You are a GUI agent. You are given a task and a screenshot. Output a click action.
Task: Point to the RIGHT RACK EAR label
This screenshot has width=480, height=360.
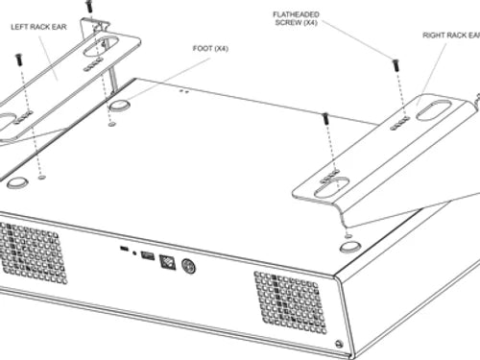click(449, 36)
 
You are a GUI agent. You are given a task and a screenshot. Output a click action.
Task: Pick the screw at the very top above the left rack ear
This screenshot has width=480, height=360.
click(89, 6)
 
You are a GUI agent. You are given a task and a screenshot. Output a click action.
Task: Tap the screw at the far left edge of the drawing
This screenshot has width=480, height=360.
click(19, 59)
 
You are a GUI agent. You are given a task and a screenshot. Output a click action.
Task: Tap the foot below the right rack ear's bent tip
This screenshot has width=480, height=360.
click(350, 246)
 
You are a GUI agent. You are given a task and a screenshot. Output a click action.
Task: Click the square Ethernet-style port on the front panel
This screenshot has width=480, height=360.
click(168, 262)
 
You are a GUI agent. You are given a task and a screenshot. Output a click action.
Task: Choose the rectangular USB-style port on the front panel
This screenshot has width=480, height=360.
click(147, 256)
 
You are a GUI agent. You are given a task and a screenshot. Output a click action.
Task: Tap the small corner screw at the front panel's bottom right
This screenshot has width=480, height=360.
click(337, 345)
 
